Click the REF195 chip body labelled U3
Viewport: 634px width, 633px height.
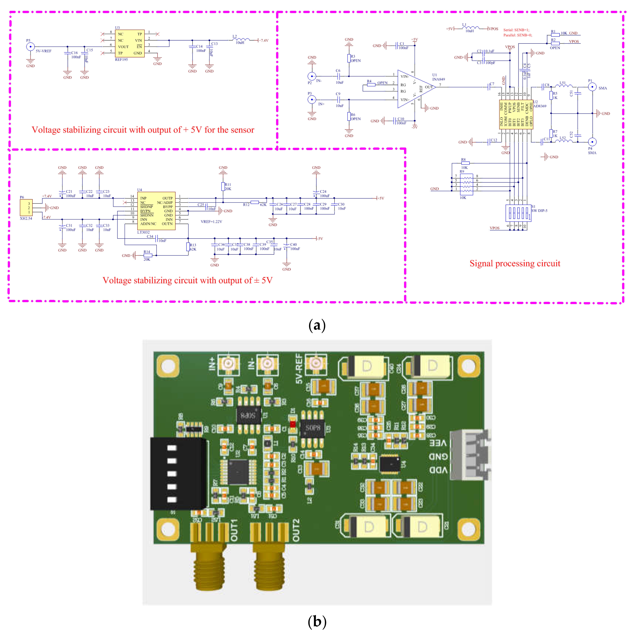point(130,43)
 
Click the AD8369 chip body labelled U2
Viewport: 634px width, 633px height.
point(516,114)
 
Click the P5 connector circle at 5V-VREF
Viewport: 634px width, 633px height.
point(30,47)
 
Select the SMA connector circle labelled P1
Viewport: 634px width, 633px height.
point(592,87)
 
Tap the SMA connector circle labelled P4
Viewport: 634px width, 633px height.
point(592,142)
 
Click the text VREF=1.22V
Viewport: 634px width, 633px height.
point(211,222)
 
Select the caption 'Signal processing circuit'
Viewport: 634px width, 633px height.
point(515,263)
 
